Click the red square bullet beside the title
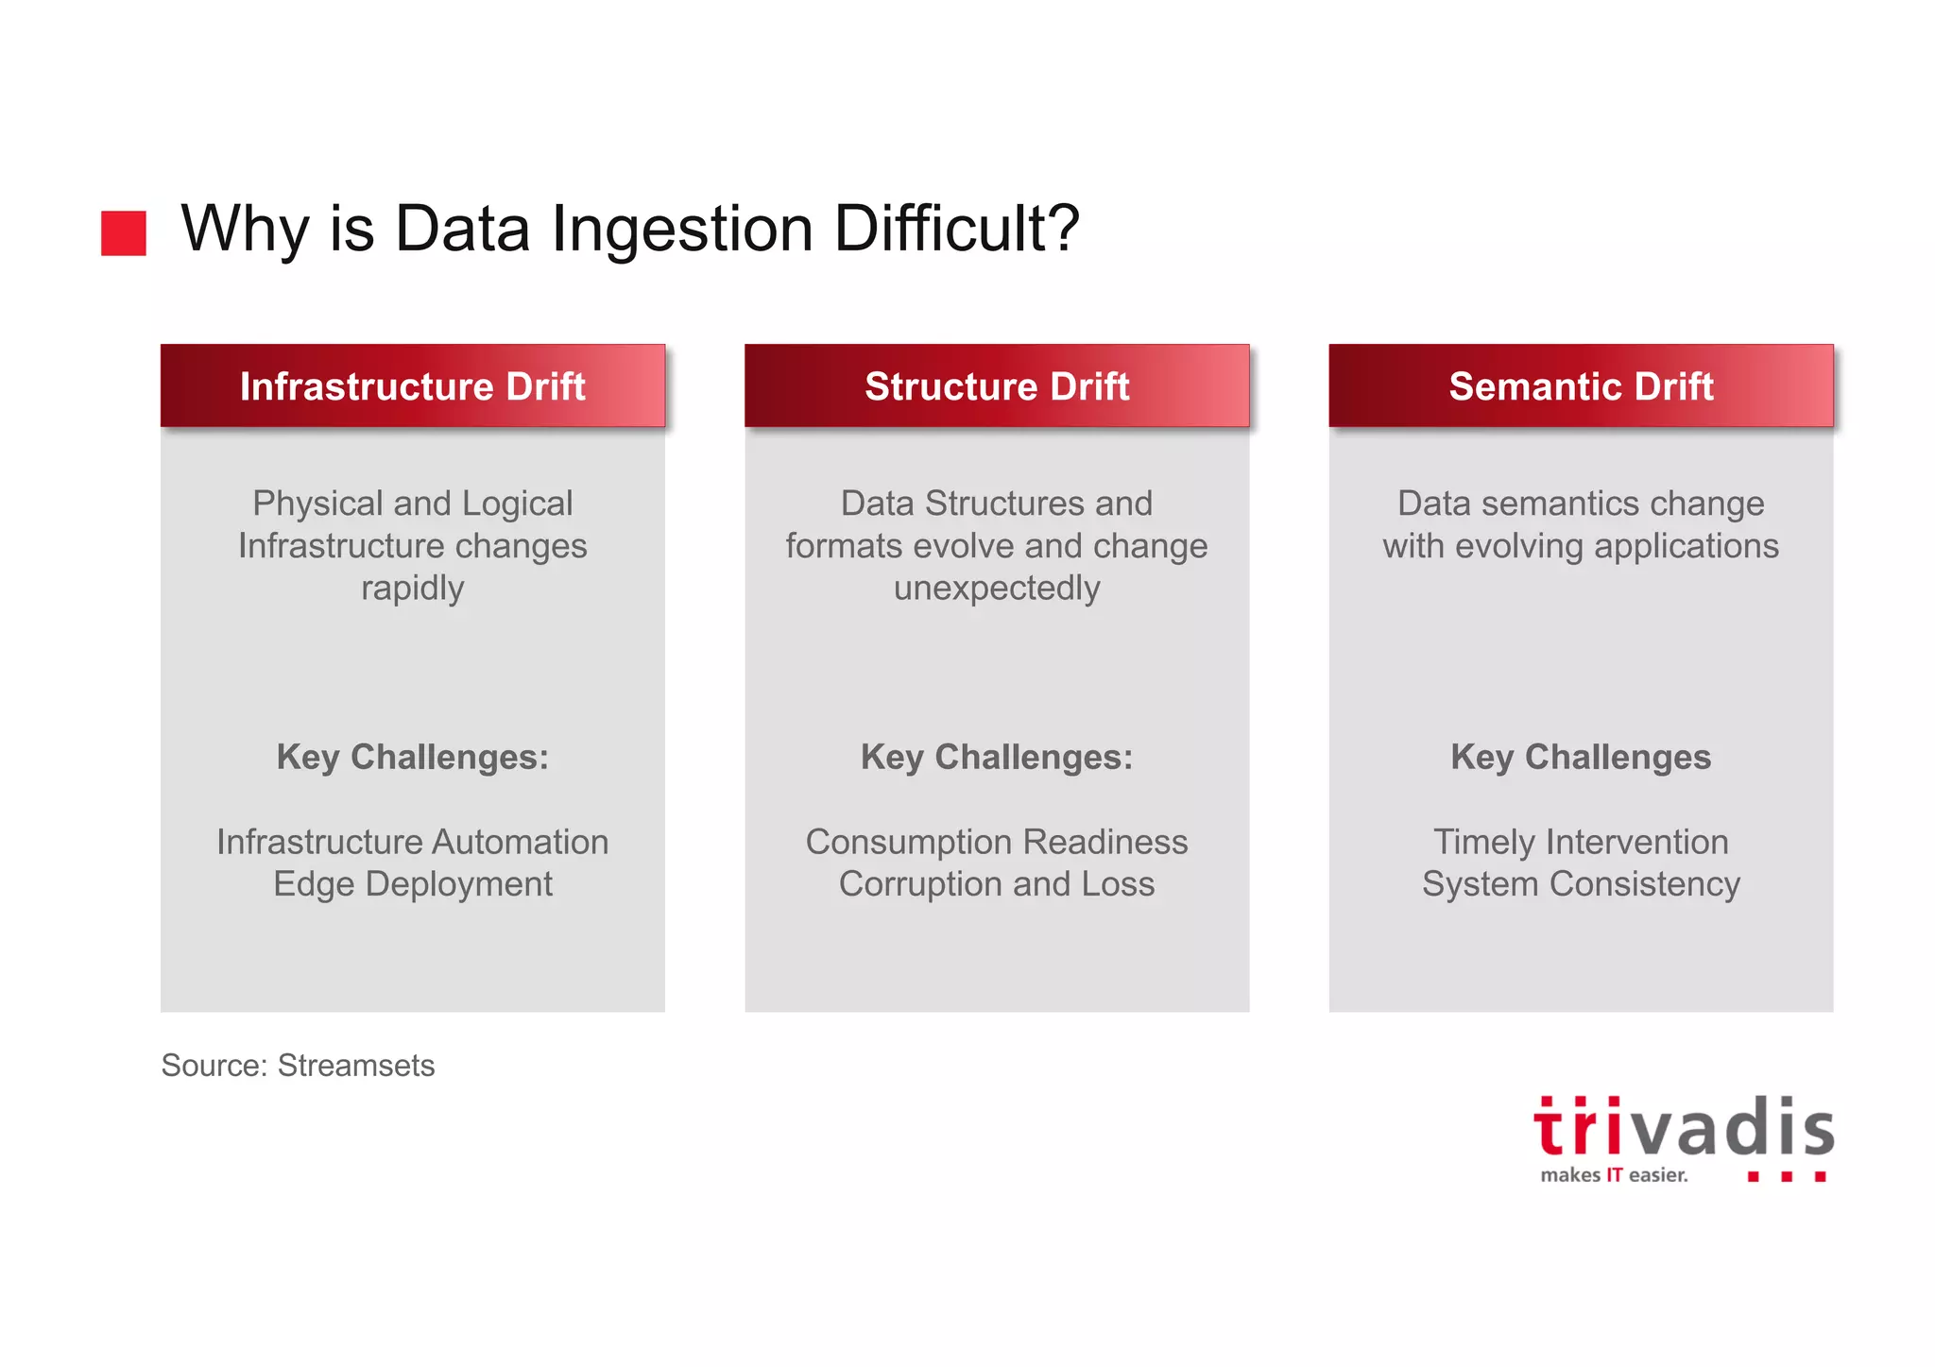point(124,232)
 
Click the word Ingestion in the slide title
point(682,229)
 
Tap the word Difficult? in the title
point(956,229)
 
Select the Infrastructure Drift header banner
point(413,385)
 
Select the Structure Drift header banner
point(997,385)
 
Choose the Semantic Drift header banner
point(1581,385)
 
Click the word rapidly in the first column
point(413,588)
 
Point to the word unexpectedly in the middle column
point(997,588)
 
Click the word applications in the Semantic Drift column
point(1686,546)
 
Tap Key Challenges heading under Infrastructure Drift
point(413,757)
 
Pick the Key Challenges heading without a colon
point(1581,757)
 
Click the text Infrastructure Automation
point(413,842)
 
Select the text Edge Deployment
point(413,884)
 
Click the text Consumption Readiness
point(997,842)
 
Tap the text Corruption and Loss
point(997,884)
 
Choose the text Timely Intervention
point(1581,842)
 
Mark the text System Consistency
point(1581,884)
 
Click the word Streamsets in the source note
point(356,1066)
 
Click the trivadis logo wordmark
point(1684,1128)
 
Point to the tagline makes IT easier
point(1614,1175)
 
